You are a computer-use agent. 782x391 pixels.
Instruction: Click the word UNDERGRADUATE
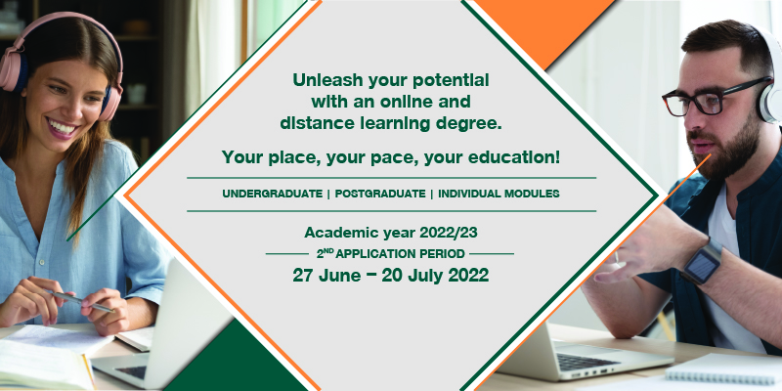click(x=273, y=194)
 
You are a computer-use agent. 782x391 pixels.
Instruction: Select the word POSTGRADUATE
click(x=380, y=194)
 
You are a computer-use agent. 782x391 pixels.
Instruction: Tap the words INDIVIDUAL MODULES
click(x=499, y=194)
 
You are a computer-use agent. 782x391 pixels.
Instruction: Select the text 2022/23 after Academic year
click(x=449, y=233)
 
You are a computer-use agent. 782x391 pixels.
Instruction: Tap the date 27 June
click(x=326, y=275)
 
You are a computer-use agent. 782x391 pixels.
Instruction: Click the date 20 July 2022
click(x=435, y=275)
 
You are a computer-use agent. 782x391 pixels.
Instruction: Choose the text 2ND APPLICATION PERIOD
click(x=390, y=254)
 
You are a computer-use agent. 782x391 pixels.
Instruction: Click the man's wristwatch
click(x=703, y=261)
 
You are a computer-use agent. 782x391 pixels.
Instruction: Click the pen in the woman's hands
click(x=81, y=301)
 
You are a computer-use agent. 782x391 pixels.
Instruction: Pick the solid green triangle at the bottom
click(x=236, y=362)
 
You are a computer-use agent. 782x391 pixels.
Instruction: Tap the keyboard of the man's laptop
click(x=588, y=362)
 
